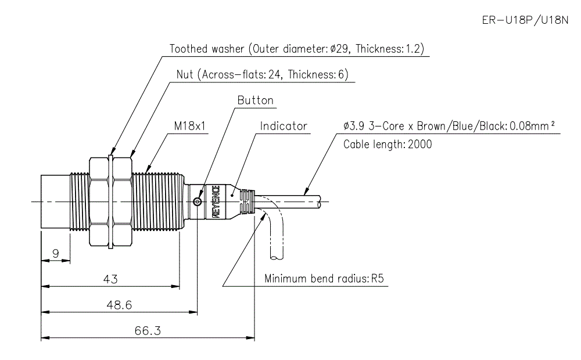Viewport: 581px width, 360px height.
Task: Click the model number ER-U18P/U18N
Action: (525, 21)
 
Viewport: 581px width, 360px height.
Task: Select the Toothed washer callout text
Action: (299, 49)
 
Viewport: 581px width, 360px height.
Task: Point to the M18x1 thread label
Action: (190, 125)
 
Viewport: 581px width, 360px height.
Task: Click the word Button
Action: (255, 100)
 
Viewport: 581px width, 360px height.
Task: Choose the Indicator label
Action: (284, 125)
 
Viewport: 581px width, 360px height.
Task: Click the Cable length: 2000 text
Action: (388, 144)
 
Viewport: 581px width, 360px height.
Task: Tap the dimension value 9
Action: (56, 253)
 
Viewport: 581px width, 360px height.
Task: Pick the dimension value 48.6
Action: (120, 304)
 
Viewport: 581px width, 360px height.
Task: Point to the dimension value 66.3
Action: (148, 330)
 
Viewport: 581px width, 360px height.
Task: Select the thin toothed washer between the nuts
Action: (110, 201)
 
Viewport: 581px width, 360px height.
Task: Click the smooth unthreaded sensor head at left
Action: (55, 201)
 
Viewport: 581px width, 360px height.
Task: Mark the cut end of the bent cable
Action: (277, 256)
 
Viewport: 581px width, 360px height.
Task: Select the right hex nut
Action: (122, 201)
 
